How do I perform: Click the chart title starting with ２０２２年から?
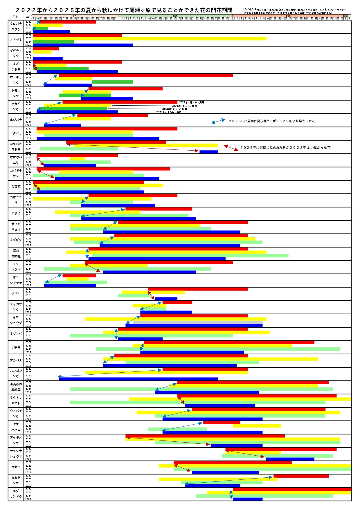click(x=124, y=10)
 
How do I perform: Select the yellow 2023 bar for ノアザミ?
click(x=150, y=38)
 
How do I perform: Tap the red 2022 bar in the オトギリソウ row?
click(x=146, y=75)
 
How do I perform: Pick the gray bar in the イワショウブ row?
click(x=198, y=322)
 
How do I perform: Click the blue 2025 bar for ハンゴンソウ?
click(x=138, y=379)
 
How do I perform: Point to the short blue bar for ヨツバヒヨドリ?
click(x=209, y=152)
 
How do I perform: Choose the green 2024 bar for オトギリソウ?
click(x=112, y=82)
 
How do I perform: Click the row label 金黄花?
click(x=16, y=187)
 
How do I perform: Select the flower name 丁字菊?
click(x=16, y=347)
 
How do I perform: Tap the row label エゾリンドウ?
click(x=16, y=494)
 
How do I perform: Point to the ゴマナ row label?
click(x=16, y=467)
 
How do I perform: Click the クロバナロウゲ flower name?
click(x=16, y=26)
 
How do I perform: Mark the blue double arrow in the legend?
click(x=218, y=121)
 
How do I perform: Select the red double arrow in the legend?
click(x=231, y=148)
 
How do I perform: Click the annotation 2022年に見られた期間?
click(x=191, y=102)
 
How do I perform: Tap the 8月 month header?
click(x=175, y=16)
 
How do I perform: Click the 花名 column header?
click(x=15, y=17)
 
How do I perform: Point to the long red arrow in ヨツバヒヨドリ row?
click(x=132, y=147)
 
